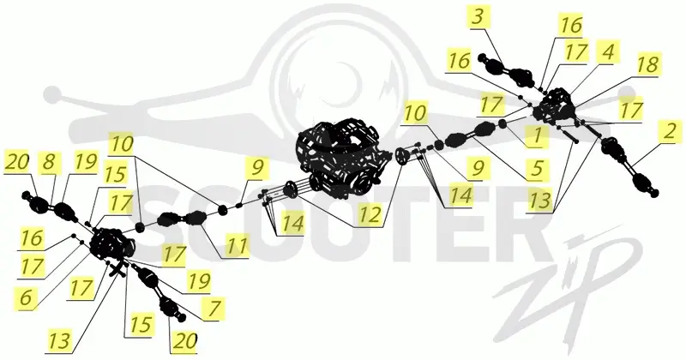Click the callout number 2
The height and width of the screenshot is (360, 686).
tap(669, 131)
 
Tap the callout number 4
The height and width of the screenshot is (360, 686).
tap(608, 52)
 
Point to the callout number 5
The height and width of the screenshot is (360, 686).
tap(537, 168)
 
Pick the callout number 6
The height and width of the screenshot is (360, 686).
tap(26, 298)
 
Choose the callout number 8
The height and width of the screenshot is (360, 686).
tap(50, 161)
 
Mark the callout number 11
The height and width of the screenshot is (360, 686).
tap(237, 246)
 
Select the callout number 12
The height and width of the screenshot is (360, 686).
tap(370, 215)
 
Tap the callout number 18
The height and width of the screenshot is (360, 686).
tap(647, 64)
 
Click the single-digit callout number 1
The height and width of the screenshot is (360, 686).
tap(538, 136)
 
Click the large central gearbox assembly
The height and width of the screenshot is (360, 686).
tap(344, 155)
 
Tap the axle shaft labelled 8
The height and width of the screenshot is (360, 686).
tap(51, 205)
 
